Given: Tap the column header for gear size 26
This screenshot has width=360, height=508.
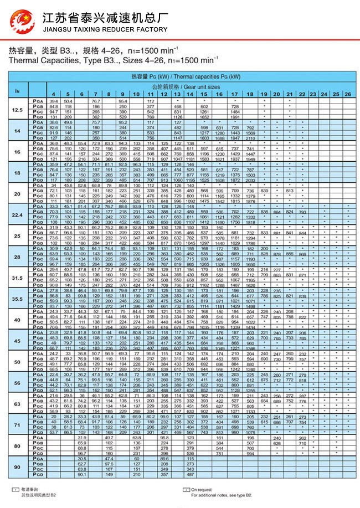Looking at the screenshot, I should pos(347,95).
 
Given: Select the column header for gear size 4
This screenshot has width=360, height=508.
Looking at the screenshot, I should pos(54,95).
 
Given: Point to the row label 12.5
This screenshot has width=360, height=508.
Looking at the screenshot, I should pos(17,110).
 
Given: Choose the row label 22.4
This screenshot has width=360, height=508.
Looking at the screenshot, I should pos(17,214).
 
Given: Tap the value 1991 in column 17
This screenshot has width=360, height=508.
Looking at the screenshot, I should pos(235,117).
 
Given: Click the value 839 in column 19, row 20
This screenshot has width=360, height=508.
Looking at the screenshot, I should pos(264,191).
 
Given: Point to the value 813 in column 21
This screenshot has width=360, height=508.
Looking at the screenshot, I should pos(289,191).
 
